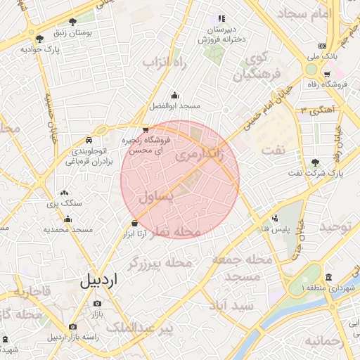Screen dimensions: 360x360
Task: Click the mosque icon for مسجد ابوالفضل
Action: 174,96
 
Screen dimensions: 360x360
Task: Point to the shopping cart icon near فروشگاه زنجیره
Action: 145,129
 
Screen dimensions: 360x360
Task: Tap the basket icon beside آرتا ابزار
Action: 134,223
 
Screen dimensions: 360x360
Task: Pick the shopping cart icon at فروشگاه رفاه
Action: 327,74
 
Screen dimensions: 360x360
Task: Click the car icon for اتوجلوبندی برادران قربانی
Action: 89,140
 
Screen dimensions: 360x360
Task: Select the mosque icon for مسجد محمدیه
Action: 67,219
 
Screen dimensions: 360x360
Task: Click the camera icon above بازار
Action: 97,303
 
